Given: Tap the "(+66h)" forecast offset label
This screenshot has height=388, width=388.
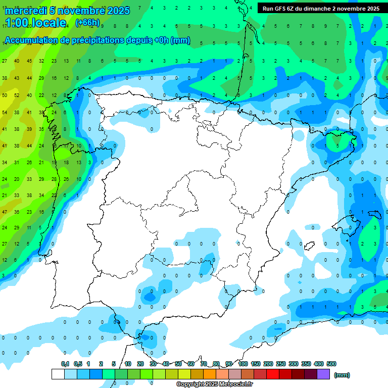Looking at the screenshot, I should (x=87, y=22).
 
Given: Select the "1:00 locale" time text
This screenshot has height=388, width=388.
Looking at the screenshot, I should (x=36, y=23).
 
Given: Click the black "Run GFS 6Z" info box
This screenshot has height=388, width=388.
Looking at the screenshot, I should (x=321, y=9).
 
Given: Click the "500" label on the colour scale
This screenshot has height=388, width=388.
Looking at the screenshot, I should (x=331, y=364).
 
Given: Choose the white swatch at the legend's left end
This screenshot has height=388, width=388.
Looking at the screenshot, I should (x=58, y=374).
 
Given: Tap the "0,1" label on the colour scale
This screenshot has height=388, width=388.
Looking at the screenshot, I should (x=65, y=364).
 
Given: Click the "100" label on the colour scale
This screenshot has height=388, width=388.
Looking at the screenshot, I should (x=243, y=364).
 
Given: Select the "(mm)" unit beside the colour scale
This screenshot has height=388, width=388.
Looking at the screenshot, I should (x=342, y=375).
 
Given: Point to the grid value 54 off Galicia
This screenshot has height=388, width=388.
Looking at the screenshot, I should (x=5, y=113).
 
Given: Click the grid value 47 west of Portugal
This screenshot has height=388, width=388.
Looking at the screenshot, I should (x=5, y=212).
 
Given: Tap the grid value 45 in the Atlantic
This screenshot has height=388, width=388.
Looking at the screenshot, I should (x=29, y=61).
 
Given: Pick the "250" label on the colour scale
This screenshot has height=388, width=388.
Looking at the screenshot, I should (x=281, y=364).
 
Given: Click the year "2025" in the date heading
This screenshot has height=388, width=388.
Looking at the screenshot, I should (x=118, y=11).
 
